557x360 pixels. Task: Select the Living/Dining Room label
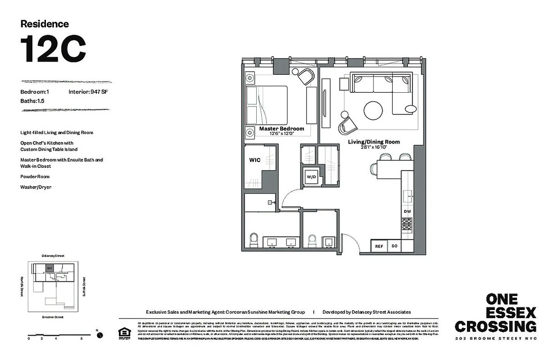[373, 142]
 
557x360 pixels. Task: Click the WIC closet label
[255, 160]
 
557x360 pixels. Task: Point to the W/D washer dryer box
[312, 177]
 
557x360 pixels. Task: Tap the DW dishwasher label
[407, 211]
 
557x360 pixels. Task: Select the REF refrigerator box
[379, 246]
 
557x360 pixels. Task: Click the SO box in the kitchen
[394, 246]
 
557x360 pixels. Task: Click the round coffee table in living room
[373, 110]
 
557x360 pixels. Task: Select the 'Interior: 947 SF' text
[88, 92]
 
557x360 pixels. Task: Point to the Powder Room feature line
[35, 177]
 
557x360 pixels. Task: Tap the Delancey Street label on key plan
[52, 256]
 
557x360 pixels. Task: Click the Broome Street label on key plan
[52, 317]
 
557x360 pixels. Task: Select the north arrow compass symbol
[100, 335]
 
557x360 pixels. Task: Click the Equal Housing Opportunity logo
[123, 333]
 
